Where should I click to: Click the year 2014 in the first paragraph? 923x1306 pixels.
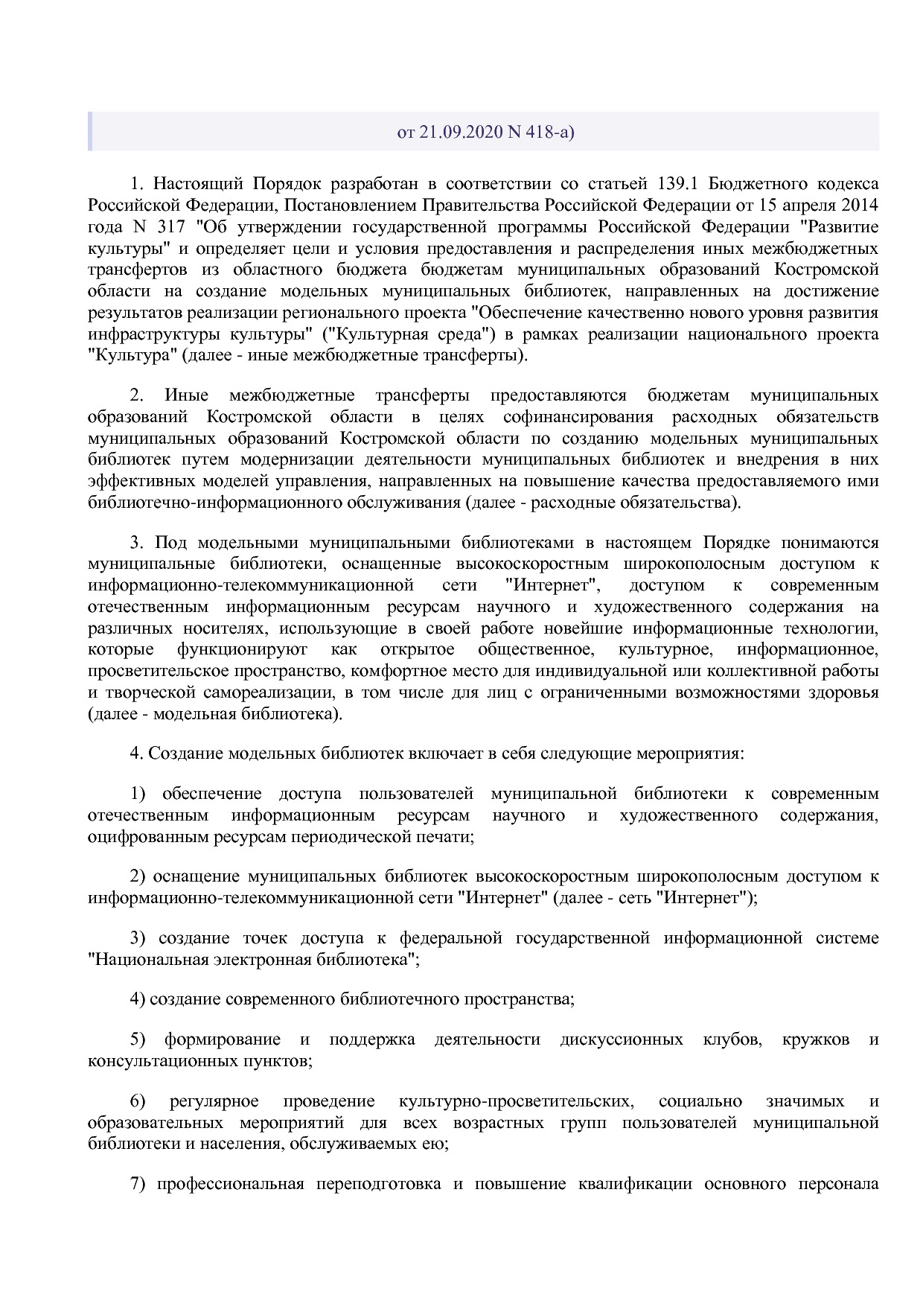coord(860,205)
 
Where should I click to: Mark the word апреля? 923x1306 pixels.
coord(813,205)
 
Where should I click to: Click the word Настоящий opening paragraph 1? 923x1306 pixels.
coord(198,184)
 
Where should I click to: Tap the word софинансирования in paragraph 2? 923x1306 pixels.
coord(578,416)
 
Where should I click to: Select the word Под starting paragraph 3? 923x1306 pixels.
coord(170,542)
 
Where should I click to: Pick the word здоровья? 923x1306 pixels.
coord(844,692)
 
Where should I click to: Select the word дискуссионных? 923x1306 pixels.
coord(622,1039)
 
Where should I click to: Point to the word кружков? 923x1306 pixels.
coord(816,1039)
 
